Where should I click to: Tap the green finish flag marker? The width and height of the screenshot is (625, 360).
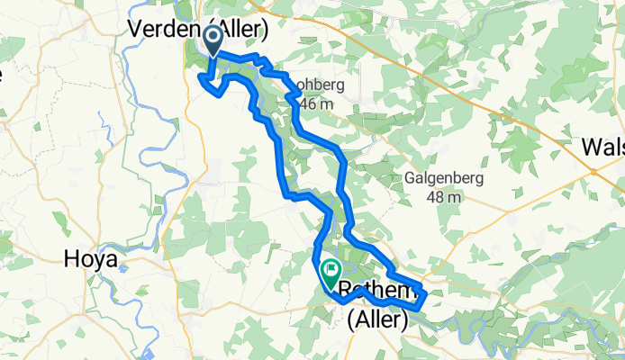pos(331,269)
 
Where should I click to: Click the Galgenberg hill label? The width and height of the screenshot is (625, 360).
pos(443,178)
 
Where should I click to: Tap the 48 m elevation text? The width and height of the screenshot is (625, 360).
pos(443,197)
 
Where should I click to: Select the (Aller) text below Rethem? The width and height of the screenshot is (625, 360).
pos(378,319)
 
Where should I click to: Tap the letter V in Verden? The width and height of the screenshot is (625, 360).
pos(137,29)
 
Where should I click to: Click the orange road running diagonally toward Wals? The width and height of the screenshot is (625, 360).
pos(504,99)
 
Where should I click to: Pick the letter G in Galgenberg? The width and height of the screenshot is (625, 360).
pos(410,178)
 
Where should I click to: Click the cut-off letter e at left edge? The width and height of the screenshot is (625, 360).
pos(3,74)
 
